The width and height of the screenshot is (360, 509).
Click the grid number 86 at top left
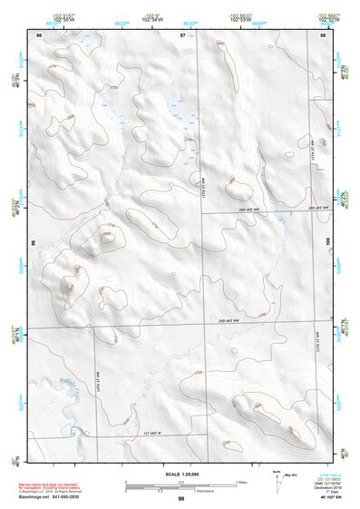click(x=38, y=34)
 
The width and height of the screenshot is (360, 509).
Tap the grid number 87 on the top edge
click(x=181, y=34)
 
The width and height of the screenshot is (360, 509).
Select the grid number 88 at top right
click(x=323, y=34)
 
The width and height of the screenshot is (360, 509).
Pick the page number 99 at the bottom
click(x=180, y=499)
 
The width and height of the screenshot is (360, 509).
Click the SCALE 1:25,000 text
click(x=180, y=474)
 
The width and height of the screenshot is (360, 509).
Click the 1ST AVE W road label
click(x=159, y=434)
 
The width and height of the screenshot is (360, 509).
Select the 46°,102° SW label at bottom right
click(x=322, y=498)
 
